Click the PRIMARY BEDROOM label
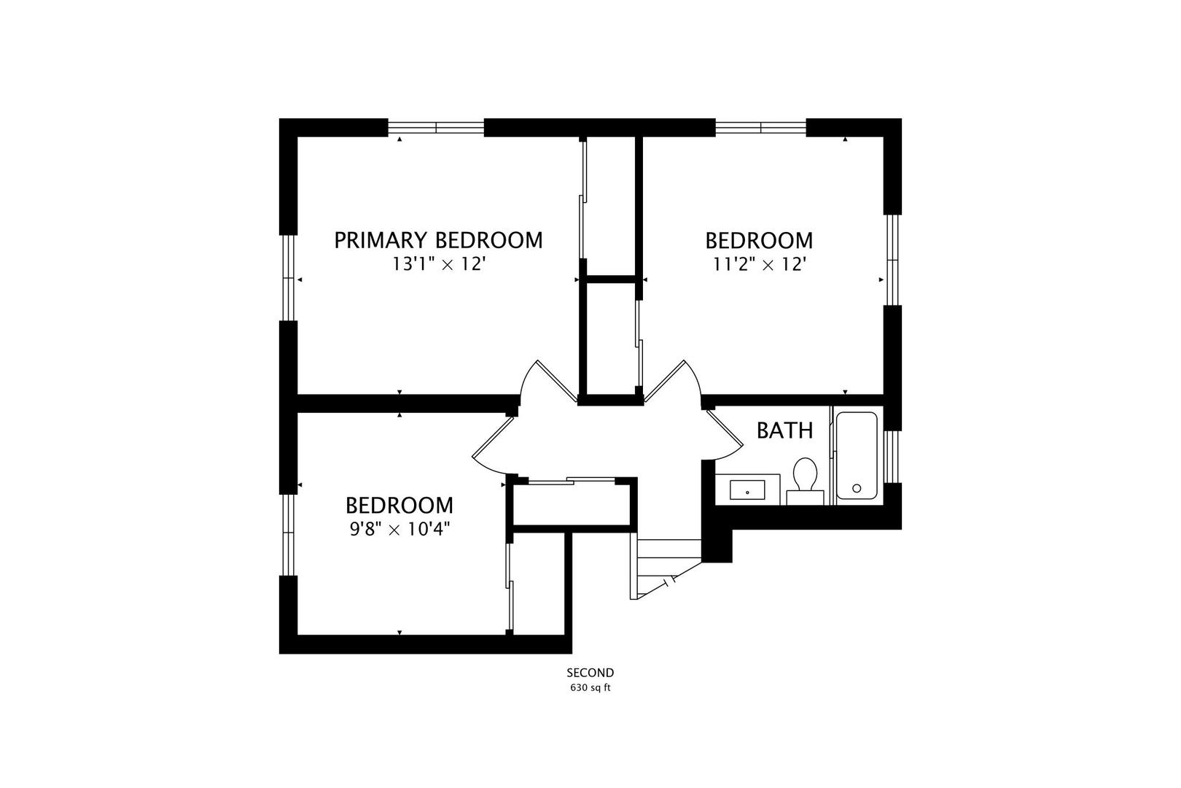[x=438, y=240]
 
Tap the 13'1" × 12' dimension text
[x=438, y=264]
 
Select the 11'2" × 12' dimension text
[x=760, y=264]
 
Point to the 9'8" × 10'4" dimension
[x=399, y=529]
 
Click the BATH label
[x=784, y=430]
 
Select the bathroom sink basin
[x=747, y=490]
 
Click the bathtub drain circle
[x=857, y=488]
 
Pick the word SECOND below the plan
[x=590, y=673]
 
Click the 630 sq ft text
[x=590, y=688]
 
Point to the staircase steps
[x=666, y=569]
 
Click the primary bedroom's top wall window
[x=436, y=127]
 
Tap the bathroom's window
[x=892, y=457]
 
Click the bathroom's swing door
[x=724, y=435]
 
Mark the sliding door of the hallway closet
[x=572, y=480]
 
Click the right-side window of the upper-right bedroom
[x=892, y=260]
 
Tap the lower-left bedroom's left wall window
[x=288, y=534]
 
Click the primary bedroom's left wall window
[x=288, y=277]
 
